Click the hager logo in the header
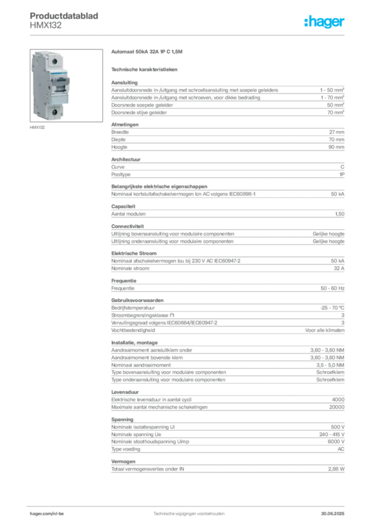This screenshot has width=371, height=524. (324, 22)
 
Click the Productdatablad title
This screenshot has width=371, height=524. (64, 16)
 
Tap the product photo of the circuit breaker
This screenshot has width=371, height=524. (66, 85)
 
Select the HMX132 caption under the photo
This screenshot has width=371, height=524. (37, 127)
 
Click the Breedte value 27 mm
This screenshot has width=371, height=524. (337, 132)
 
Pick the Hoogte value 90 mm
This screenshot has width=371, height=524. (336, 147)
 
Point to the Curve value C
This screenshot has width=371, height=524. (342, 167)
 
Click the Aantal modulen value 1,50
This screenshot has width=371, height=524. (340, 214)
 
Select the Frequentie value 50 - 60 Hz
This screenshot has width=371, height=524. (333, 288)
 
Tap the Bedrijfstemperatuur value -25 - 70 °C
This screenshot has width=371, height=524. (332, 308)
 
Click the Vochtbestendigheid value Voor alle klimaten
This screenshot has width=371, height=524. (325, 330)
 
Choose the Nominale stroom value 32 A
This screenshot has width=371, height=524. (339, 268)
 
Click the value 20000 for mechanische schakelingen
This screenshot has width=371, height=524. (337, 407)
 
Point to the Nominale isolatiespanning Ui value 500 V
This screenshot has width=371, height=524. (338, 427)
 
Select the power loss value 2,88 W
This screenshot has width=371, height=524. (336, 469)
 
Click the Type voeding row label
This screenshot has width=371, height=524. (126, 449)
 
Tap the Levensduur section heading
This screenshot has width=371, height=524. (125, 392)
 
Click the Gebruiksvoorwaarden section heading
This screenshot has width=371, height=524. (137, 300)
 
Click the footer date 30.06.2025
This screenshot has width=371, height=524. (333, 514)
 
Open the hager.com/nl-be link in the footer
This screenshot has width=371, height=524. (47, 514)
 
